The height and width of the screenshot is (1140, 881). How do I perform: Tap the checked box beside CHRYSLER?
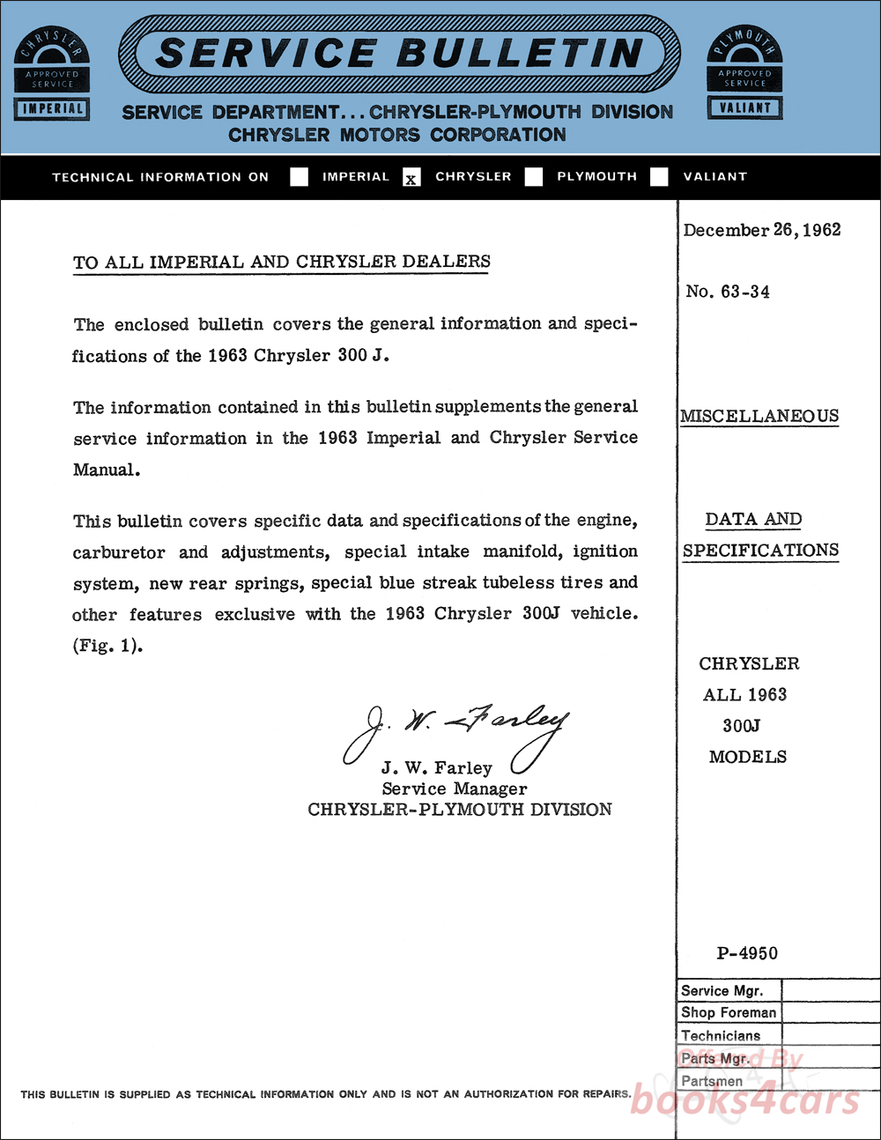[x=411, y=178]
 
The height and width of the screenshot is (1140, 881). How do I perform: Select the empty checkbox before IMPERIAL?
[x=300, y=177]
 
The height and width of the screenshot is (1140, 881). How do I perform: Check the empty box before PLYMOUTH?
[x=534, y=177]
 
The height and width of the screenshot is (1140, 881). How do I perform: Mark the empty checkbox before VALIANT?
[x=659, y=177]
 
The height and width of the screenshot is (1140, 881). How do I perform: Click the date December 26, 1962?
[x=762, y=230]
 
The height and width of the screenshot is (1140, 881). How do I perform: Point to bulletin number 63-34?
[x=728, y=292]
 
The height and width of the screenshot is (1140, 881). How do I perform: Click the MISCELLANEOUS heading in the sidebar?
[x=759, y=416]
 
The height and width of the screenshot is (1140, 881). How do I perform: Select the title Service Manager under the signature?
[x=455, y=788]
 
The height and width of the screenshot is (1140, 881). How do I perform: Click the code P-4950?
[x=747, y=953]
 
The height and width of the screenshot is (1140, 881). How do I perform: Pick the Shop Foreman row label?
[x=729, y=1013]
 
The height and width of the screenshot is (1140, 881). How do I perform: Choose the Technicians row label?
[x=721, y=1036]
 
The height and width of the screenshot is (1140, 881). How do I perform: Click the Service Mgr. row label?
[x=722, y=991]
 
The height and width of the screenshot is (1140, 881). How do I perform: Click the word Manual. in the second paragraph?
[x=107, y=470]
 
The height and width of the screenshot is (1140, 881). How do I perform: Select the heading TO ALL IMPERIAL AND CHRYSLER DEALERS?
[x=282, y=262]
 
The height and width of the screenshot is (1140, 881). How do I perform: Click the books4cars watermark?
[x=744, y=1099]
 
